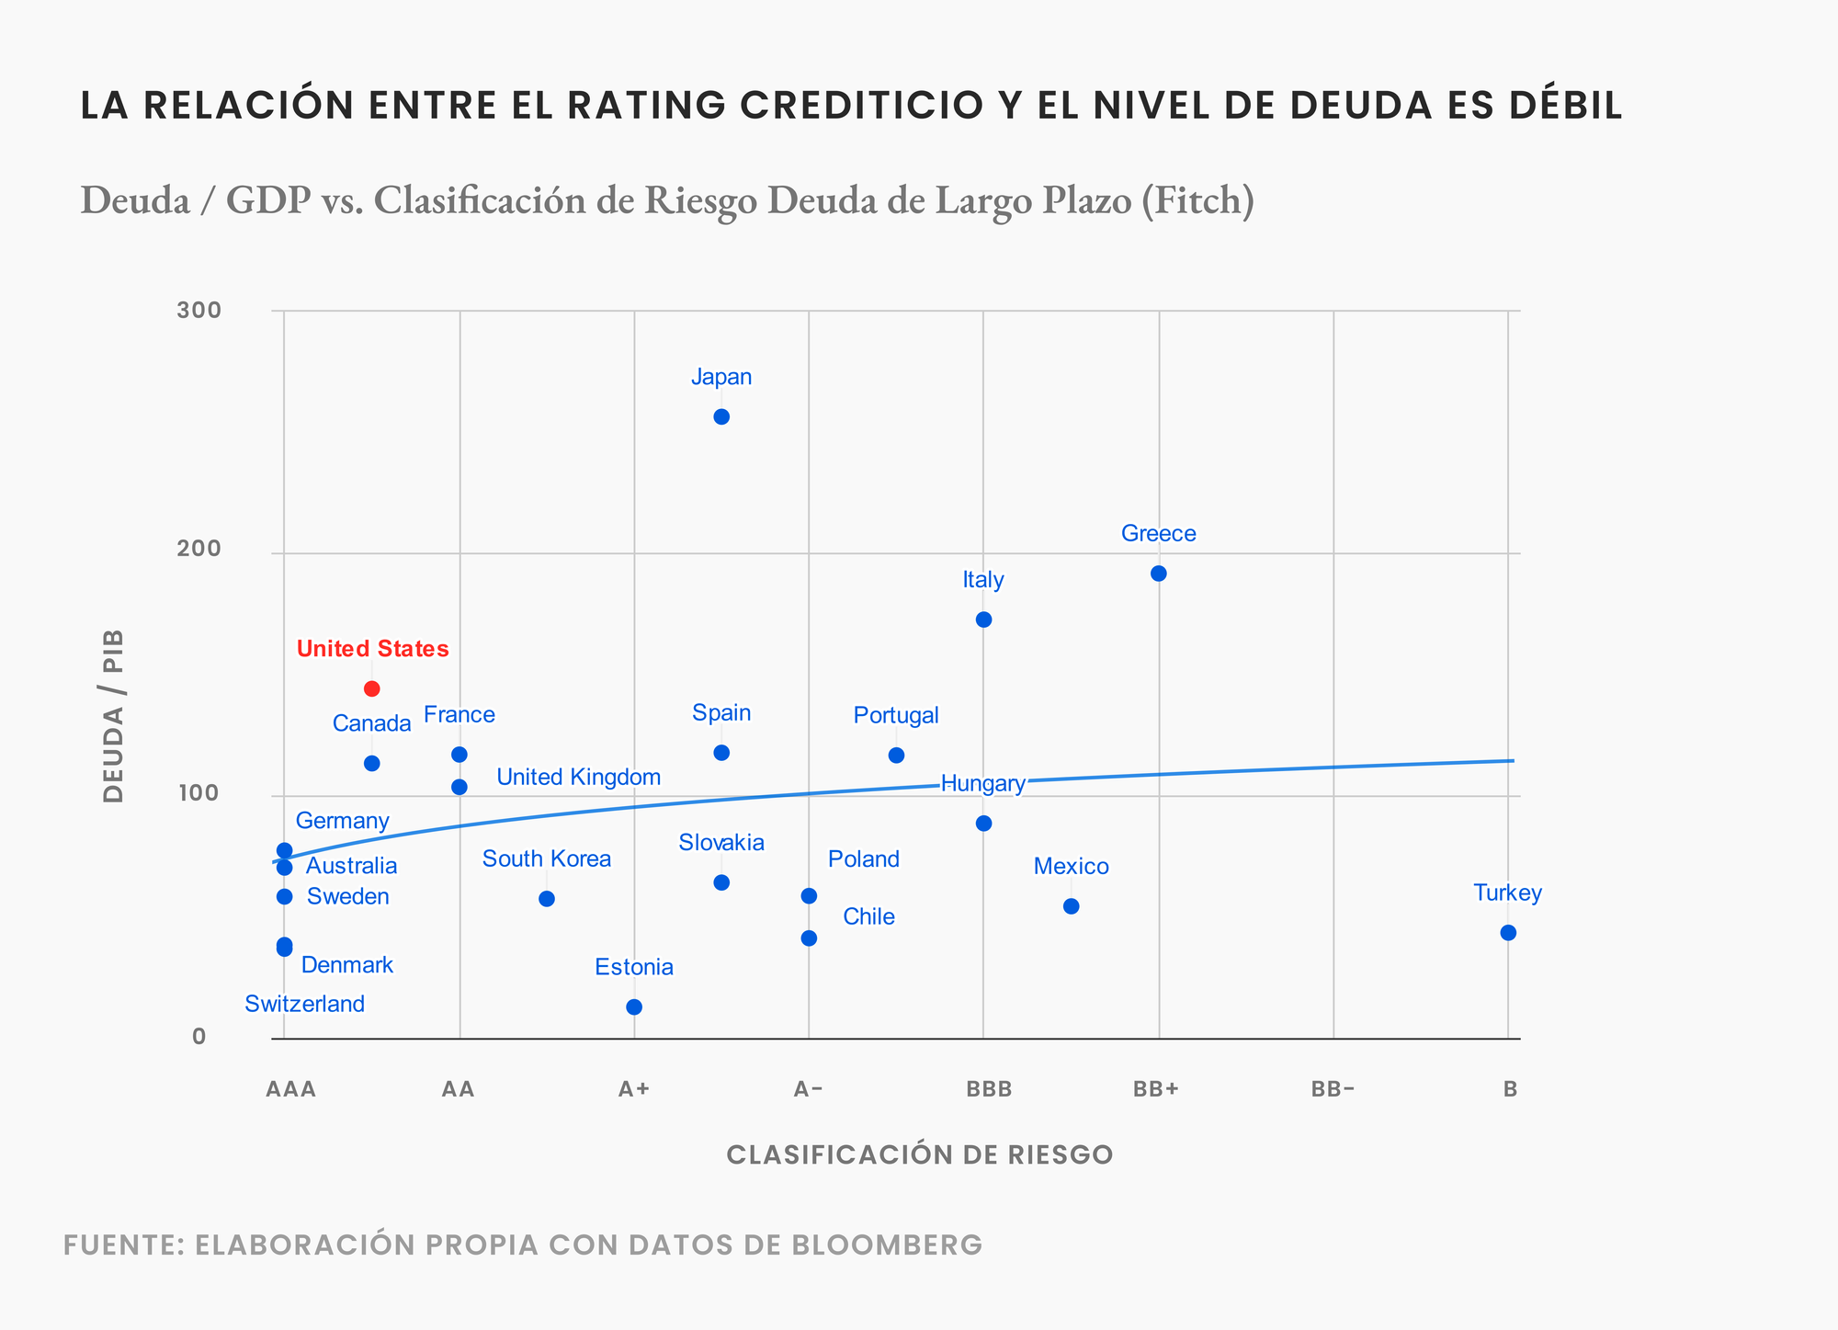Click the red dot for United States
click(x=372, y=688)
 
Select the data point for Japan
click(x=721, y=416)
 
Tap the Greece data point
click(x=1159, y=574)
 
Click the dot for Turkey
click(x=1508, y=933)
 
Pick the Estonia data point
click(x=634, y=1007)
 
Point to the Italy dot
click(x=983, y=620)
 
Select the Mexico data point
click(x=1071, y=906)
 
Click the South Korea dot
click(x=547, y=899)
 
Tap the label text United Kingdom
click(x=578, y=778)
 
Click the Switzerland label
click(x=304, y=1004)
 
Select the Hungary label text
click(x=982, y=784)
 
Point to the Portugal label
click(x=896, y=715)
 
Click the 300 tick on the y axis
click(x=199, y=310)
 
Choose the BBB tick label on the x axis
click(x=989, y=1090)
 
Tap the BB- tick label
click(x=1333, y=1090)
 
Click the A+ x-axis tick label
click(x=634, y=1090)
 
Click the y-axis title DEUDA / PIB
click(x=113, y=716)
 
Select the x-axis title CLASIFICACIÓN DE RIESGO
click(x=920, y=1155)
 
